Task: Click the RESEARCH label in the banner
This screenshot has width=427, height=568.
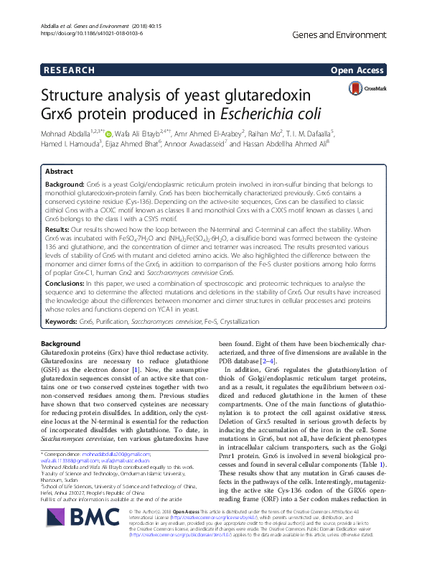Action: click(x=69, y=70)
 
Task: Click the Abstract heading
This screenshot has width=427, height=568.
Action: click(x=59, y=172)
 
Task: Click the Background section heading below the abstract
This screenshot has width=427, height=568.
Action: click(x=61, y=344)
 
